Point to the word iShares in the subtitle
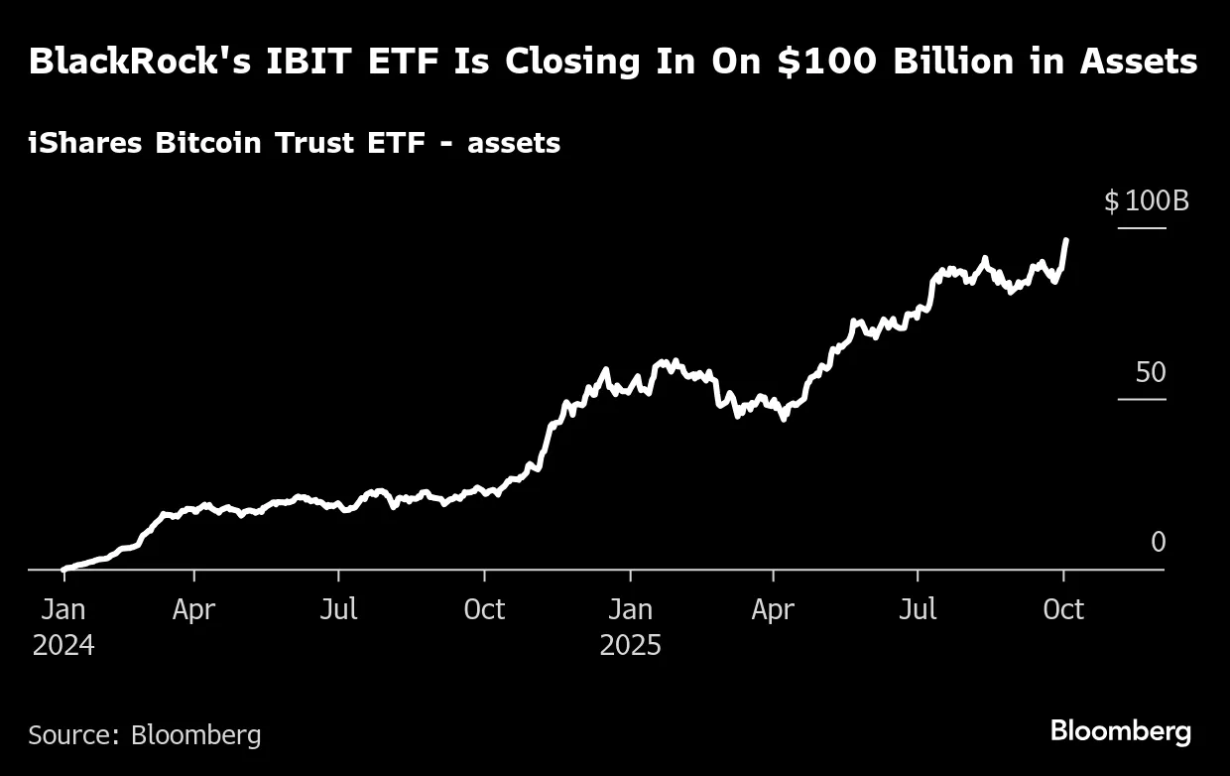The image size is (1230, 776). pos(86,144)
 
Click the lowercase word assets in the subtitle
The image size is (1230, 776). pos(514,144)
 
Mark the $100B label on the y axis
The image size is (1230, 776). pos(1147,202)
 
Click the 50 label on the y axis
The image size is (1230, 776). pos(1151,373)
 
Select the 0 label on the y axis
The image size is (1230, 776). pos(1158,543)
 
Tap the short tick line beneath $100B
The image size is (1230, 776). pos(1142,229)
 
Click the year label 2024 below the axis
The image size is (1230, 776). pos(63,646)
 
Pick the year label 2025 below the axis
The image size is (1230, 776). pos(630,646)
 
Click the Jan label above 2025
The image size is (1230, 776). pos(630,608)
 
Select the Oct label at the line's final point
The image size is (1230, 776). pos(1063,608)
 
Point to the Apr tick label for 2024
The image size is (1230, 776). pos(193,608)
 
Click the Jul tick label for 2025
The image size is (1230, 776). pos(918,608)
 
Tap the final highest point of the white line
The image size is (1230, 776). pos(1066,240)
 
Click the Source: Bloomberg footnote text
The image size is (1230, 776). pos(145,735)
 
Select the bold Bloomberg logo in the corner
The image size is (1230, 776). pos(1121,732)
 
